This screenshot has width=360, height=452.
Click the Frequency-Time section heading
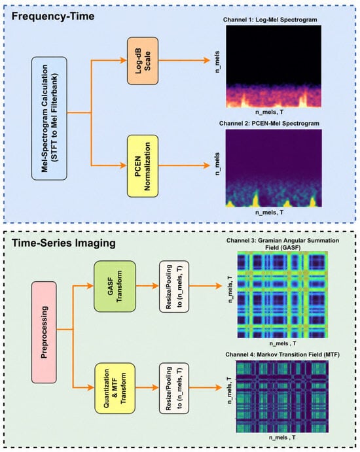[x=53, y=16]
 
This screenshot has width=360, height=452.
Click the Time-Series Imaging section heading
[x=63, y=243]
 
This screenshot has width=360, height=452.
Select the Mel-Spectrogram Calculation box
[x=49, y=118]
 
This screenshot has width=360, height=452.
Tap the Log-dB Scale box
[x=143, y=61]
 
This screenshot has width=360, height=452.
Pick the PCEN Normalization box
[x=143, y=166]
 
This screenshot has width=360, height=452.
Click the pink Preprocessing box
[x=44, y=332]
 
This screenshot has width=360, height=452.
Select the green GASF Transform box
[x=115, y=287]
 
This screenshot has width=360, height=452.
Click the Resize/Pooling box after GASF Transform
[x=174, y=287]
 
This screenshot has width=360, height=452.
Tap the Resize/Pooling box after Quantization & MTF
[x=174, y=389]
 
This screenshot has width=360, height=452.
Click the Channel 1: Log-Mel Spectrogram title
[x=270, y=20]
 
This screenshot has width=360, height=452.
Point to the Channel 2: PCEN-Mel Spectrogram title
[x=269, y=124]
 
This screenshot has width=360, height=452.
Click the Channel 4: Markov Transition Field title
[x=282, y=355]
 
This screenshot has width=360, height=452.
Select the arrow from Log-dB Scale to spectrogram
[x=184, y=60]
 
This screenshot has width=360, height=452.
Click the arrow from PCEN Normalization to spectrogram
[x=184, y=165]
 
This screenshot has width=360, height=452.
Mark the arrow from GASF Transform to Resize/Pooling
[x=147, y=286]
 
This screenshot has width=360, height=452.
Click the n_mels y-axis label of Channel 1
[x=217, y=61]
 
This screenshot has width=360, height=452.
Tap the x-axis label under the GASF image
[x=283, y=343]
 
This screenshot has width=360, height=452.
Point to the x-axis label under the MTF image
[x=282, y=438]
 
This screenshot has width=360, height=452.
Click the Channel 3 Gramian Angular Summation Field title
[x=283, y=244]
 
